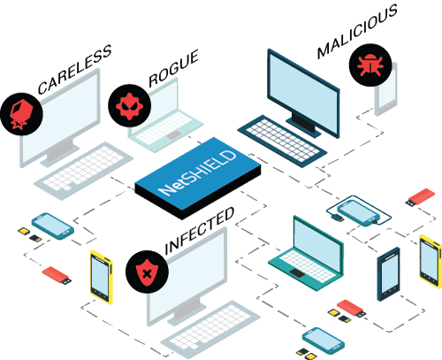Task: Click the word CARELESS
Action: (74, 70)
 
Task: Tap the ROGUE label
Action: (173, 69)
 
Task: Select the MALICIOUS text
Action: (357, 32)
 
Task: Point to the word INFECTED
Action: (200, 230)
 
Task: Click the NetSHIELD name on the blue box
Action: (197, 173)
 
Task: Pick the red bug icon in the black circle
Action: (370, 65)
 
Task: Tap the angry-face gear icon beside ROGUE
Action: (129, 106)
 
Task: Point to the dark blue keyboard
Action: (282, 141)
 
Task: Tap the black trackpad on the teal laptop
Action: (297, 273)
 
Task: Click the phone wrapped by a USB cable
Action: (358, 213)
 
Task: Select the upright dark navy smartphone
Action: (389, 274)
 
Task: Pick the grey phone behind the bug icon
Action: (386, 90)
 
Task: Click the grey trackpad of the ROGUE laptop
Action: (174, 135)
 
